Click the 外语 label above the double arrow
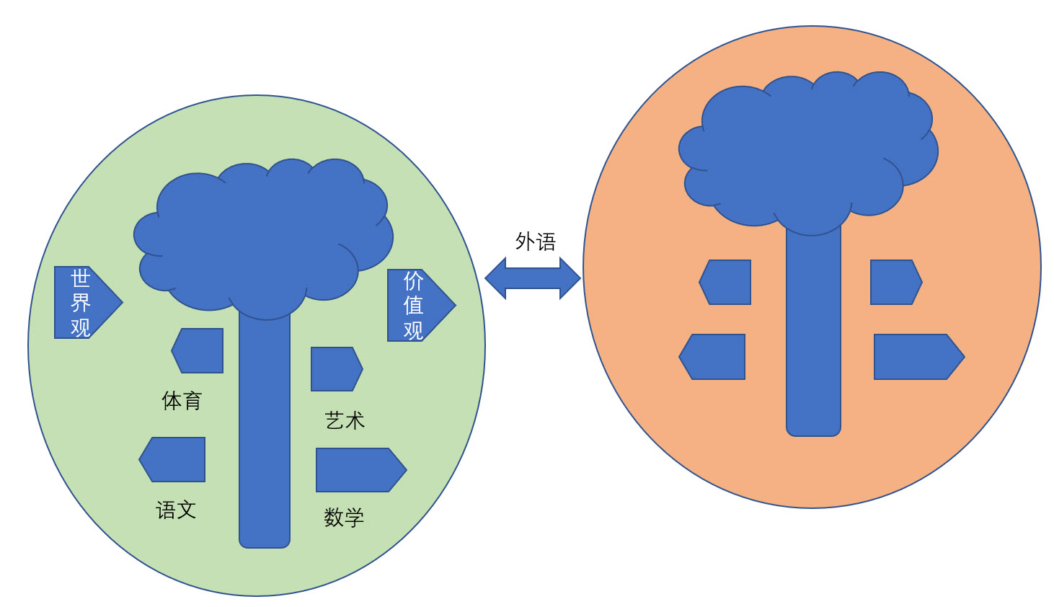coord(536,242)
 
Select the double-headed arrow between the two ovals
coord(533,278)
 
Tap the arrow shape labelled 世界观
coord(89,302)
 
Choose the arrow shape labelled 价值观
coord(421,305)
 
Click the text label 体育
coord(182,401)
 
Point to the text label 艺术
coord(345,420)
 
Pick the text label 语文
coord(176,510)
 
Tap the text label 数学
coord(344,518)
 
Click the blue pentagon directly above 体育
coord(197,350)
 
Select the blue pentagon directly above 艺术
coord(337,369)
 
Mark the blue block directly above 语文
coord(172,459)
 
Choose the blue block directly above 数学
coord(361,469)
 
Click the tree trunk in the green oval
coord(265,428)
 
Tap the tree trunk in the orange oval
coord(813,329)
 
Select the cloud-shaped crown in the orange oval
coord(808,151)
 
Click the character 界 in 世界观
coord(81,303)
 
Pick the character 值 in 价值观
coord(413,305)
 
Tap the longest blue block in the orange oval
coord(919,357)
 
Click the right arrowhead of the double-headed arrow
coord(570,278)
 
